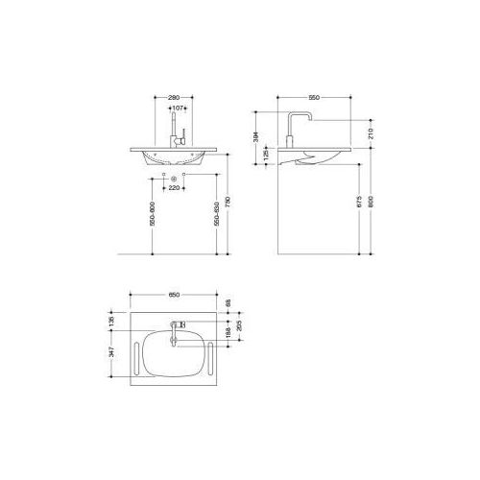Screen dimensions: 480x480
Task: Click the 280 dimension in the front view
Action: click(x=174, y=98)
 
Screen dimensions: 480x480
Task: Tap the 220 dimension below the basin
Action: click(x=175, y=188)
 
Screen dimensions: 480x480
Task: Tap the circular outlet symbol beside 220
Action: click(x=173, y=180)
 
